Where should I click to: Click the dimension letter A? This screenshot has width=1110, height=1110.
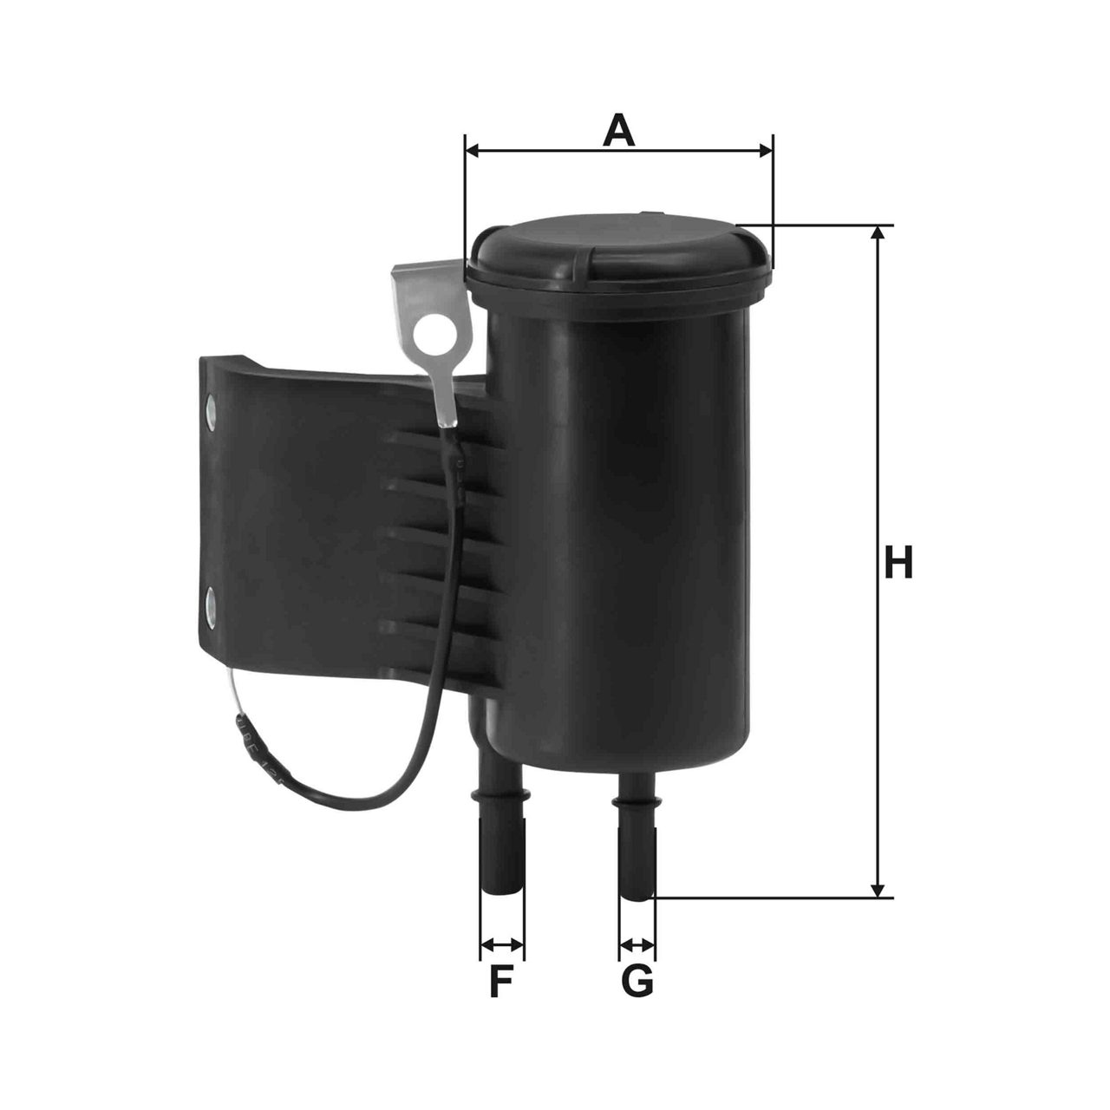tap(618, 131)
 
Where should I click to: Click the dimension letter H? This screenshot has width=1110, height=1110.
tap(898, 563)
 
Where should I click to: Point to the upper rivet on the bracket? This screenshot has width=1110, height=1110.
tap(212, 407)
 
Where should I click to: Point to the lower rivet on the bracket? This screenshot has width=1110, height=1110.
tap(211, 600)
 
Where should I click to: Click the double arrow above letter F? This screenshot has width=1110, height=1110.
tap(501, 943)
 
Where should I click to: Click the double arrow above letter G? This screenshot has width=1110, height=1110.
tap(637, 943)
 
